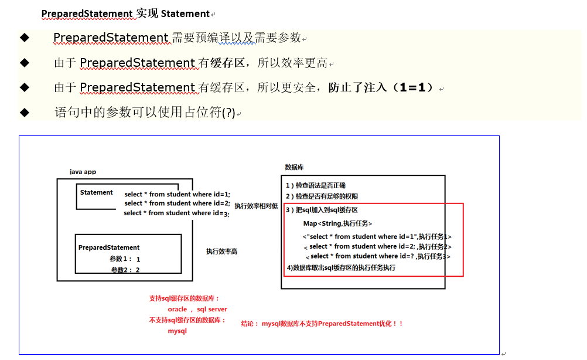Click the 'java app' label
pos(83,172)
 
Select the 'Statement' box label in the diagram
pos(97,192)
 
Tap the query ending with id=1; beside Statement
pos(178,194)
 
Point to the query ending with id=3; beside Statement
pos(176,213)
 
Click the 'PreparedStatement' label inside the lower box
pos(109,247)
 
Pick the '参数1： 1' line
pos(125,259)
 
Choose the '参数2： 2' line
pos(125,270)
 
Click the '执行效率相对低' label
pos(256,206)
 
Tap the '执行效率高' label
pos(221,251)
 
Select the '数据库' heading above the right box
pos(294,167)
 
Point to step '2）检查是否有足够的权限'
pos(322,196)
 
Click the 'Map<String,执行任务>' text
pos(337,223)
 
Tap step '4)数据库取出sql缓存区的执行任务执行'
pos(341,267)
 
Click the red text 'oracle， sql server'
pos(197,309)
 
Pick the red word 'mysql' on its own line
pos(177,331)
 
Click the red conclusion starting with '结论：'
pos(323,323)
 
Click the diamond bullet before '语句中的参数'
pos(24,112)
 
